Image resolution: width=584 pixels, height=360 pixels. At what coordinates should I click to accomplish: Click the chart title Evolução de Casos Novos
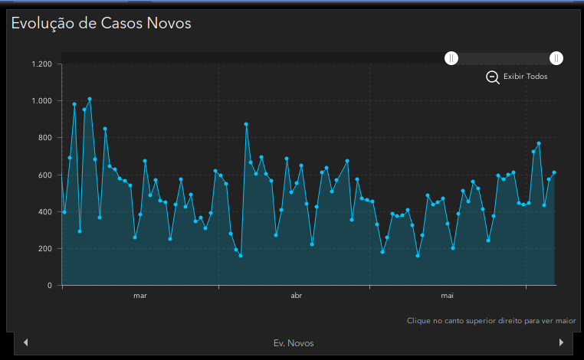click(x=100, y=23)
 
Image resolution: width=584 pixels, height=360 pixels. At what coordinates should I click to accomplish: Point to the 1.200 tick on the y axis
click(x=41, y=64)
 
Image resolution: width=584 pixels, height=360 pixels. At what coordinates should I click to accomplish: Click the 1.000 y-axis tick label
click(x=41, y=101)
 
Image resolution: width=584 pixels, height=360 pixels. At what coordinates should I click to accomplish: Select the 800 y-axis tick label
click(x=44, y=138)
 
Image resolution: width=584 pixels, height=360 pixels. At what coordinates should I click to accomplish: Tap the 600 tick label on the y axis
click(x=44, y=175)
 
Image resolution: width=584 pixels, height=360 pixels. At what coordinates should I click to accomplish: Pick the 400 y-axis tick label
click(x=44, y=212)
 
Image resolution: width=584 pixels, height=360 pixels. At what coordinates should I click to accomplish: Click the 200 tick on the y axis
click(x=44, y=249)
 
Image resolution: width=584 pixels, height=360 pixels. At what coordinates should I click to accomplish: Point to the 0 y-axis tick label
click(x=50, y=286)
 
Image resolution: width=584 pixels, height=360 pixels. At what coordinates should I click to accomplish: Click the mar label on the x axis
click(x=140, y=295)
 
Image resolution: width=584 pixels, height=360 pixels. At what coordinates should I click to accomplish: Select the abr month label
click(x=297, y=295)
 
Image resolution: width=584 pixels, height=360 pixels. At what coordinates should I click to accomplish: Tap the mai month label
click(x=448, y=295)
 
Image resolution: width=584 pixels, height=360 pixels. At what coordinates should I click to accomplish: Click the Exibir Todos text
click(x=526, y=77)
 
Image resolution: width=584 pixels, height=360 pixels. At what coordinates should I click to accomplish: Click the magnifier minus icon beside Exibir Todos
click(x=493, y=77)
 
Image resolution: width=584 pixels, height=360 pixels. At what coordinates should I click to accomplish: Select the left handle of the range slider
click(x=452, y=58)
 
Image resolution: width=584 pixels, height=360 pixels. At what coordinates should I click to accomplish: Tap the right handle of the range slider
click(x=556, y=58)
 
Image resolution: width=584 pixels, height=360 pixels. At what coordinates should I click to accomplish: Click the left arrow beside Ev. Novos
click(x=26, y=342)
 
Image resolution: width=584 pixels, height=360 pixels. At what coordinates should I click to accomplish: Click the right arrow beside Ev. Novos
click(x=562, y=342)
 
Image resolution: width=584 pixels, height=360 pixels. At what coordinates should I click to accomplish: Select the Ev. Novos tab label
click(x=294, y=343)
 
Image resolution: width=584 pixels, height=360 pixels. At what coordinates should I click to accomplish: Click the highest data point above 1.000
click(x=90, y=99)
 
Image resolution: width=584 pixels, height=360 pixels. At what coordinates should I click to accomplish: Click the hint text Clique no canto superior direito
click(x=491, y=321)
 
